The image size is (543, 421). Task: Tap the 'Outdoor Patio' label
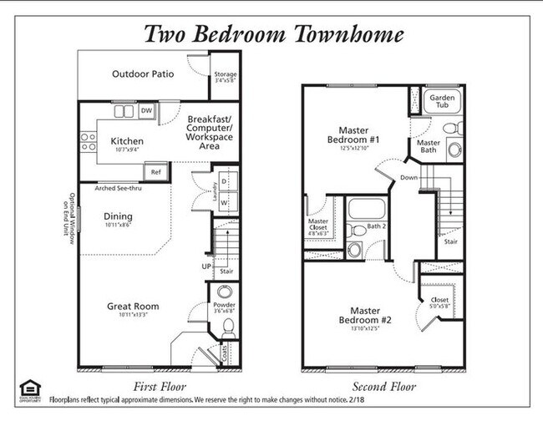point(143,74)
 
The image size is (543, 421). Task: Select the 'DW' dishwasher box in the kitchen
point(146,110)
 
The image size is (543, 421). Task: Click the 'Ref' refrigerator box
point(155,172)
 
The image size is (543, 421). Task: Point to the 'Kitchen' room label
point(126,141)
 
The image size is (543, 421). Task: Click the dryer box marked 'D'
point(223,181)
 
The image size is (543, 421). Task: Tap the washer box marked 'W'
point(223,202)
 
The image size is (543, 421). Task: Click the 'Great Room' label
point(133,307)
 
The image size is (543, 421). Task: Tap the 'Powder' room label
point(224,306)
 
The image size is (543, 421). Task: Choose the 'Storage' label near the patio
point(226,74)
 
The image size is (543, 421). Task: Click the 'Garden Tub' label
point(442,102)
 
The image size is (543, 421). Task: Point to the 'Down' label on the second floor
point(409,178)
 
